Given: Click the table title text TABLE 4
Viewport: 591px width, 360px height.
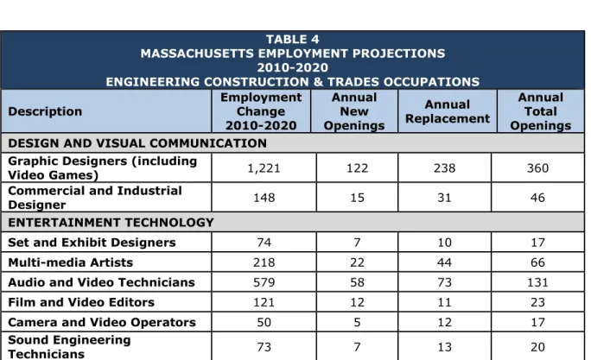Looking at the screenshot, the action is (x=293, y=39).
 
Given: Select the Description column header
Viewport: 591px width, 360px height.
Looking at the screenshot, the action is (x=45, y=111).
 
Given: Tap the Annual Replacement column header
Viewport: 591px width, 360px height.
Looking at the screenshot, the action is (x=448, y=111).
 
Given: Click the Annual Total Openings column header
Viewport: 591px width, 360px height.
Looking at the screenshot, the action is (x=541, y=111).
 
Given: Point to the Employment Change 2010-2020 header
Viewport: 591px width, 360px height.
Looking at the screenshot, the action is (x=261, y=111).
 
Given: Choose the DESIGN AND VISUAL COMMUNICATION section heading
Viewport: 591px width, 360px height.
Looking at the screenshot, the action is (x=137, y=143).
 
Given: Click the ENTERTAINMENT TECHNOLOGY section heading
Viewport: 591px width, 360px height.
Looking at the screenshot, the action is (x=111, y=223).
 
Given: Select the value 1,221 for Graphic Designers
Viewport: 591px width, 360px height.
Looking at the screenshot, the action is (x=264, y=168).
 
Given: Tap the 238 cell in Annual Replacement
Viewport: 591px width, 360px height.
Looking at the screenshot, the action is (x=444, y=168).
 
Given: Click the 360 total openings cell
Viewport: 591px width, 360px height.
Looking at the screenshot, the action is (x=537, y=168).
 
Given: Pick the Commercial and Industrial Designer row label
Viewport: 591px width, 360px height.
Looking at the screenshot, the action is (x=95, y=198).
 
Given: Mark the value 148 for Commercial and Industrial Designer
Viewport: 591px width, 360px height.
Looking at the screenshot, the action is (x=264, y=198).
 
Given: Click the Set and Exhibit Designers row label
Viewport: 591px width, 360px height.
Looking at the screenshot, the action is (x=92, y=242).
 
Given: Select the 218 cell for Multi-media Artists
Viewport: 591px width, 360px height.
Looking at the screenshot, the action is (x=264, y=262).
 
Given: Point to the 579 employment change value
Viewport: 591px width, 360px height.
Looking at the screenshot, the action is (x=264, y=282).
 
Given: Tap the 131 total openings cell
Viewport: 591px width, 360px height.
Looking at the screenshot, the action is (x=537, y=282).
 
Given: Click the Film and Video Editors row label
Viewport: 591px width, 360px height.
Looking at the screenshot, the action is (x=81, y=302).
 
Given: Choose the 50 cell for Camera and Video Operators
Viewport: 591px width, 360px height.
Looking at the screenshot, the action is (x=264, y=322).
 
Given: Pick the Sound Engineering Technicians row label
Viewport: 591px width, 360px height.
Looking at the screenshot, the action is (x=69, y=346).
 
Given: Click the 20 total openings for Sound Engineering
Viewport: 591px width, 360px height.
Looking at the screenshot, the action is (x=537, y=347).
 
